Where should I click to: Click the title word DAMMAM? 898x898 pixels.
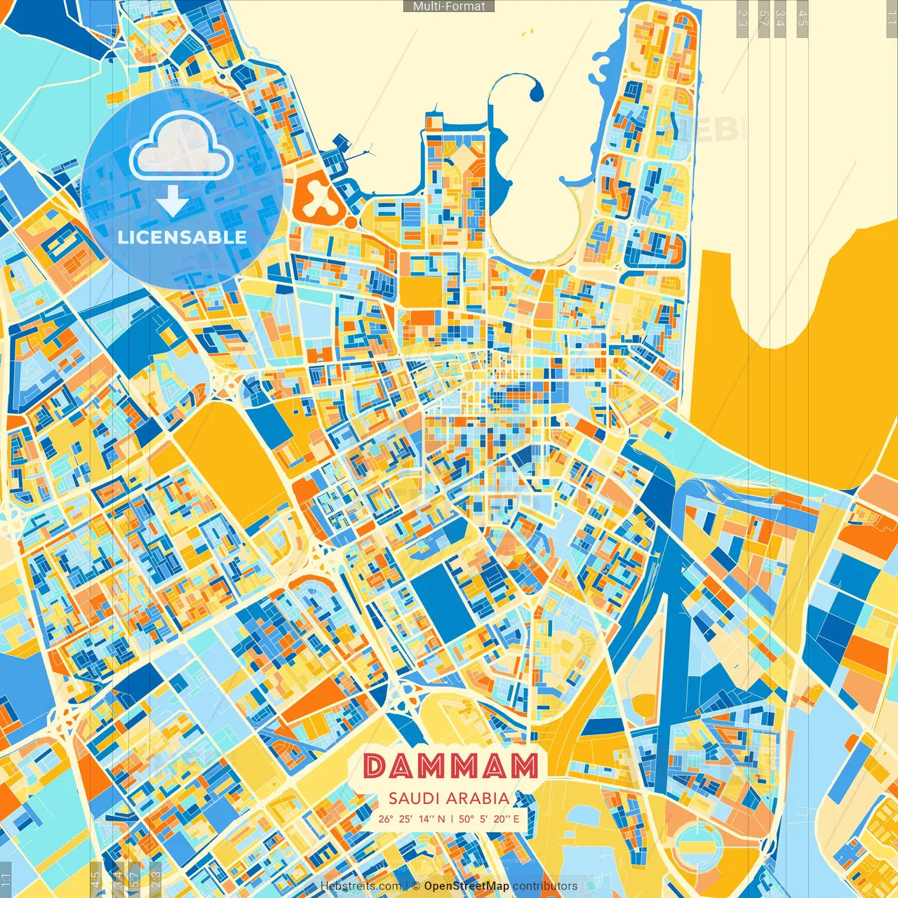pyautogui.click(x=450, y=767)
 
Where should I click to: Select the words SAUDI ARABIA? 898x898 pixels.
pyautogui.click(x=449, y=798)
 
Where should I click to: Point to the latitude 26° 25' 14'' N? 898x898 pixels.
pyautogui.click(x=411, y=818)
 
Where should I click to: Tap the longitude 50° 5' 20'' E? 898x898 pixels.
pyautogui.click(x=490, y=818)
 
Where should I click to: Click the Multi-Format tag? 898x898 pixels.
pyautogui.click(x=449, y=6)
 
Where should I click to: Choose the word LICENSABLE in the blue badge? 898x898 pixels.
pyautogui.click(x=182, y=236)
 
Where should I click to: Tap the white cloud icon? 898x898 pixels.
pyautogui.click(x=181, y=146)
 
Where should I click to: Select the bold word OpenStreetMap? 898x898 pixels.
pyautogui.click(x=467, y=886)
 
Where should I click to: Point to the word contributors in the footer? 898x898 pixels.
pyautogui.click(x=545, y=886)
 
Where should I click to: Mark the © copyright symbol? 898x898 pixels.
pyautogui.click(x=415, y=886)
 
